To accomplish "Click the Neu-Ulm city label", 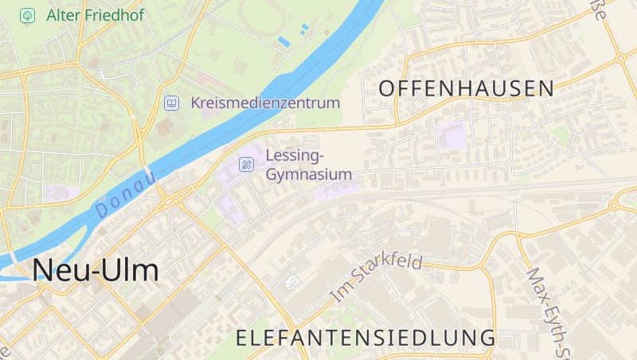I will coord(96,271).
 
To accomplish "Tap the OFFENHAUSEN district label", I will coord(467,88).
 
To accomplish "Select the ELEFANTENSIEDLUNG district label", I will coord(366,338).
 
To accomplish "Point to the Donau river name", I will coord(124,195).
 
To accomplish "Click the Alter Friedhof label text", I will coord(96,14).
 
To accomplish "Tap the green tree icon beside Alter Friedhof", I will coord(28,14).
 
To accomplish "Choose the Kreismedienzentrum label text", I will coord(265,103).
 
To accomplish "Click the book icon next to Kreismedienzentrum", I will coord(172,103).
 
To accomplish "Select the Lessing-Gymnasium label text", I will coord(309,164).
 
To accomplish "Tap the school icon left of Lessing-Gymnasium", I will coord(247,164).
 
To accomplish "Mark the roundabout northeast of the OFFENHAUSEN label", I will coord(619,57).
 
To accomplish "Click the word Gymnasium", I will coord(309,174).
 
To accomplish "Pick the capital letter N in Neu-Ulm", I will coord(44,271).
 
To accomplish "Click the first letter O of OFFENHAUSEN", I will coord(387,88).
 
